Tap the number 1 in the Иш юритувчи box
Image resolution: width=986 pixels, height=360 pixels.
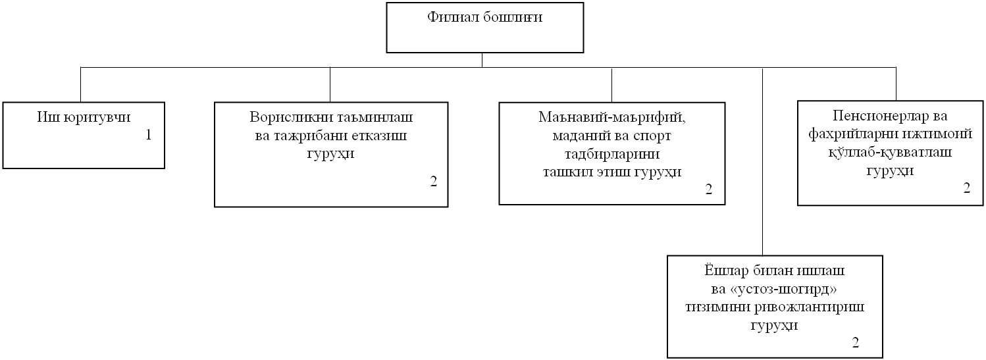(x=148, y=135)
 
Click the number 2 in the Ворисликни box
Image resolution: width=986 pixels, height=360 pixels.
(x=434, y=182)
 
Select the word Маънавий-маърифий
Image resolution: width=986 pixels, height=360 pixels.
(x=612, y=117)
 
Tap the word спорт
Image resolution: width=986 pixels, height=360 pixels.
(x=652, y=136)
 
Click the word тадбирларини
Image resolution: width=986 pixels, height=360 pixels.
(x=612, y=154)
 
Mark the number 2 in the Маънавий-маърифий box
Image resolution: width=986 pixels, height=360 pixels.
(x=709, y=190)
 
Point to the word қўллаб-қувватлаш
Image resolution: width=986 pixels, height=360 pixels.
(x=890, y=152)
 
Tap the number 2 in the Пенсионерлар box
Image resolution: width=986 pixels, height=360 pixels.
(x=967, y=188)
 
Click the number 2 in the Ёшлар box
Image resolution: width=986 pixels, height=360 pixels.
(x=855, y=343)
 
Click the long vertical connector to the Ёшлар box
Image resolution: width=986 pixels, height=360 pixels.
(x=762, y=161)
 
